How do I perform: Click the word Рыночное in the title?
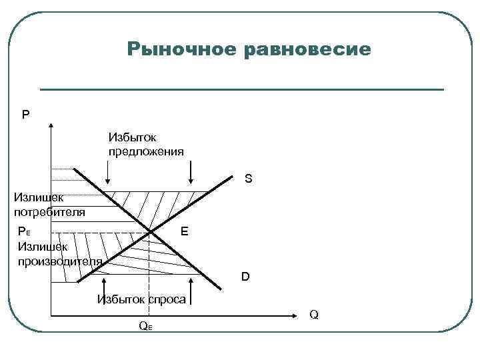[180, 49]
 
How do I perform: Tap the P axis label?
[25, 115]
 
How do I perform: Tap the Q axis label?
[314, 314]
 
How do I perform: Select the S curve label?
[248, 179]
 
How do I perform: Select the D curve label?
[245, 276]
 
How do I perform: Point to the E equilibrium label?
[184, 231]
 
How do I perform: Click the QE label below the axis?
[145, 326]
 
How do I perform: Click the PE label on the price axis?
[25, 231]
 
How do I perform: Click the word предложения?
[146, 151]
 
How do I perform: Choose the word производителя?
[60, 261]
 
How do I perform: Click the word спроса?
[167, 299]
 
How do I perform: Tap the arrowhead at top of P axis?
[51, 125]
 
